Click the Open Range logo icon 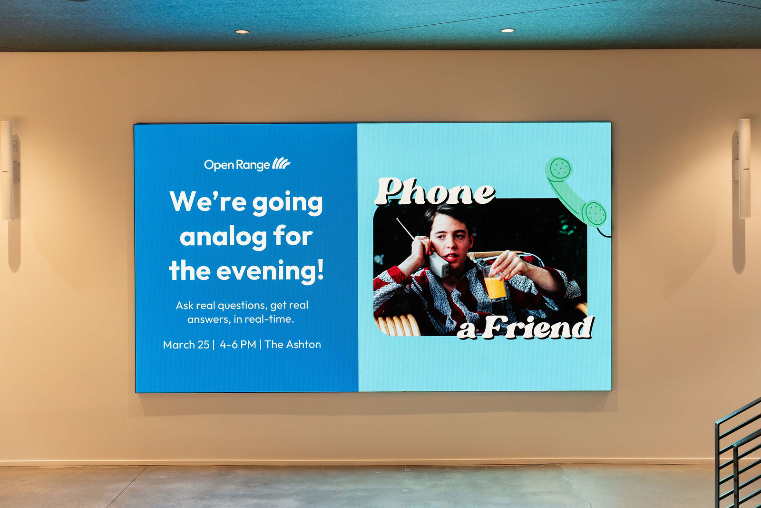[281, 163]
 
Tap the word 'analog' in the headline [223, 238]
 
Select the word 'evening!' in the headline [270, 270]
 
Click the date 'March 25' [186, 345]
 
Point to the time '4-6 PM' [238, 344]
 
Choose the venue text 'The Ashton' [293, 344]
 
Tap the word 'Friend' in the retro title [538, 327]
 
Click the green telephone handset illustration [576, 192]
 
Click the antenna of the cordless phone [405, 229]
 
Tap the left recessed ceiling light [242, 31]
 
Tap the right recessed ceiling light [507, 30]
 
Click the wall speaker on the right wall [744, 169]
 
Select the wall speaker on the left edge [8, 171]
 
